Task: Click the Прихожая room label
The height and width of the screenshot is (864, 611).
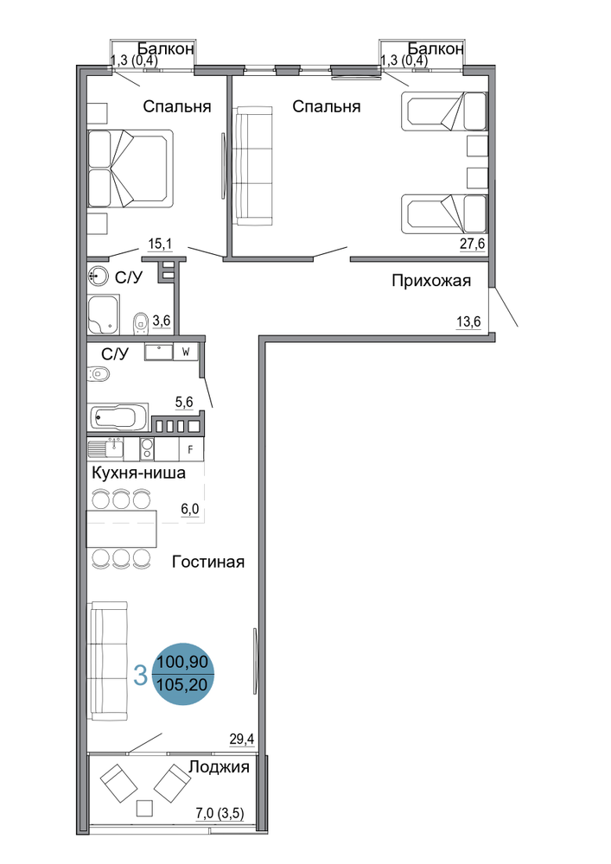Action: tap(431, 281)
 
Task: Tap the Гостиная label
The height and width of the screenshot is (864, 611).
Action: tap(208, 562)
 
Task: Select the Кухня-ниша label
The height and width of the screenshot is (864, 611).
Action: tap(139, 473)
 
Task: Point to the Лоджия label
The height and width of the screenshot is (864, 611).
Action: tap(220, 766)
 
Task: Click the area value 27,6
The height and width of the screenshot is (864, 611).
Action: tap(472, 244)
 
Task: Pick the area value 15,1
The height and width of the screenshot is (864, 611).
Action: tap(160, 243)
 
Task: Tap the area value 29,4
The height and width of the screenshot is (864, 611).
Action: tap(241, 739)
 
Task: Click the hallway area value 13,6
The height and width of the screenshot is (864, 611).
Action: tap(468, 321)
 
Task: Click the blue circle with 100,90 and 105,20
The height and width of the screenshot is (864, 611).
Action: tap(182, 673)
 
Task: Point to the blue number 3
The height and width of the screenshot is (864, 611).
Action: tap(141, 675)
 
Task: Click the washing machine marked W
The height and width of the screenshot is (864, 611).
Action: tap(186, 352)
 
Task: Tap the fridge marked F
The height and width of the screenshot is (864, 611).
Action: tap(191, 449)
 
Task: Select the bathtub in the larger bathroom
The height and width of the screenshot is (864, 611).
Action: tap(118, 417)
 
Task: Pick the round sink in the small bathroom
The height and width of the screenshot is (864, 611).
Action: tap(98, 275)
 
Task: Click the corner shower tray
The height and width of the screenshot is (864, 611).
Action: tap(104, 314)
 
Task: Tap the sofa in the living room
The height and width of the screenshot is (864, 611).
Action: tap(109, 661)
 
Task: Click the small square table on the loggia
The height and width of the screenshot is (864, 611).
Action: tap(145, 808)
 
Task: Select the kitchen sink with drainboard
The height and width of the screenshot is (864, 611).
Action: tap(105, 448)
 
